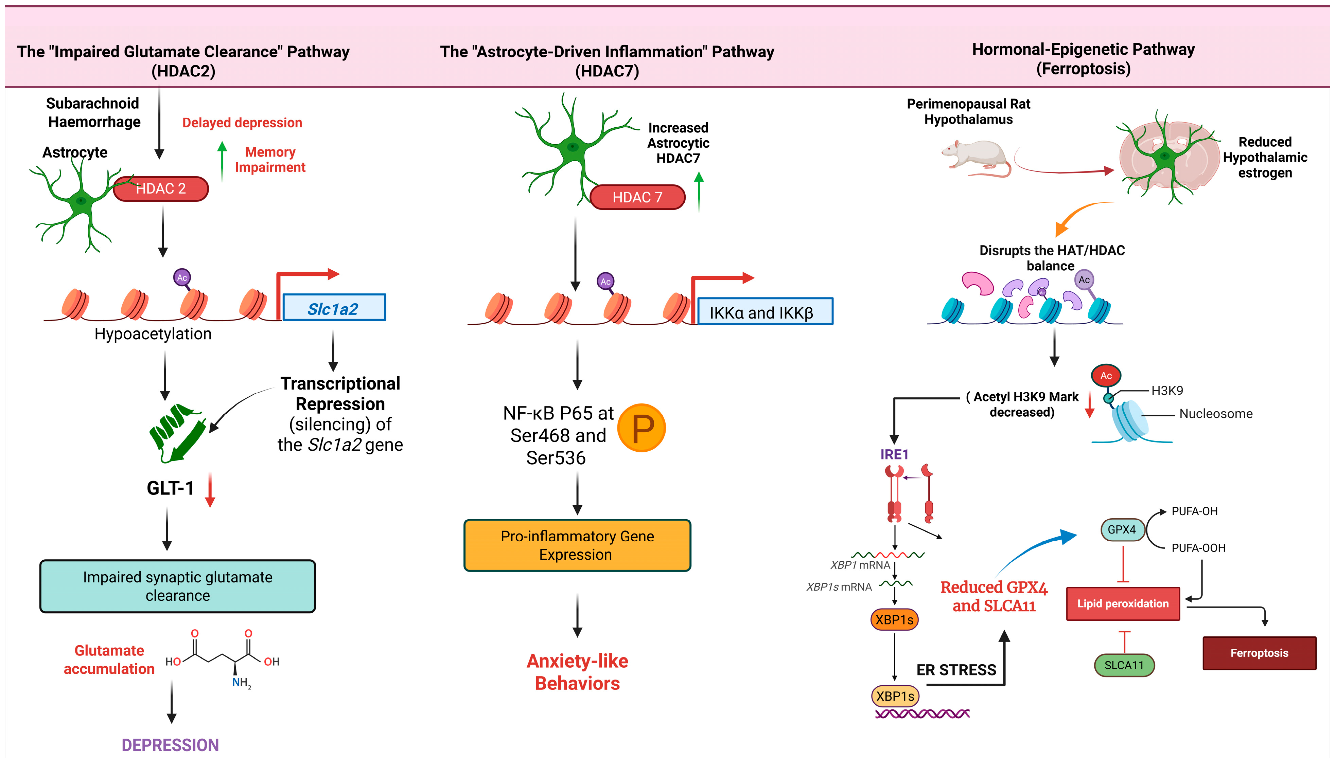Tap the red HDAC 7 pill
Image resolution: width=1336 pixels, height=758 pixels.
(x=637, y=197)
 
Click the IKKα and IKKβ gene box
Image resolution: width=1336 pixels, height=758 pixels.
(x=764, y=312)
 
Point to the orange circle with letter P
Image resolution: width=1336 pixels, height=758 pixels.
(x=642, y=428)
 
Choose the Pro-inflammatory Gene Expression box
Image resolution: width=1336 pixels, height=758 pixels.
(x=577, y=545)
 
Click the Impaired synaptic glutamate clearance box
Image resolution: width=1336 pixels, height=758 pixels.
(x=178, y=586)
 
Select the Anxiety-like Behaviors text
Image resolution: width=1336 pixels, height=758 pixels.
(x=577, y=672)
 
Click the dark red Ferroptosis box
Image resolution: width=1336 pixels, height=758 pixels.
(x=1259, y=653)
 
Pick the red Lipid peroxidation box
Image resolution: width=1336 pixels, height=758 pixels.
(x=1123, y=604)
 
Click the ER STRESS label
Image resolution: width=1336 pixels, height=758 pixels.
(x=956, y=670)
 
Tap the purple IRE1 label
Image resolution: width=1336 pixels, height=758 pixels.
(x=894, y=454)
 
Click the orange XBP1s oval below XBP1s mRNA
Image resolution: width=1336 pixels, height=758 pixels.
(x=894, y=619)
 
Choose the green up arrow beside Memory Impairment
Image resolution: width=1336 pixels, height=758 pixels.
(x=223, y=160)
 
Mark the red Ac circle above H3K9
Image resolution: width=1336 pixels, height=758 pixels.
(x=1106, y=375)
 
